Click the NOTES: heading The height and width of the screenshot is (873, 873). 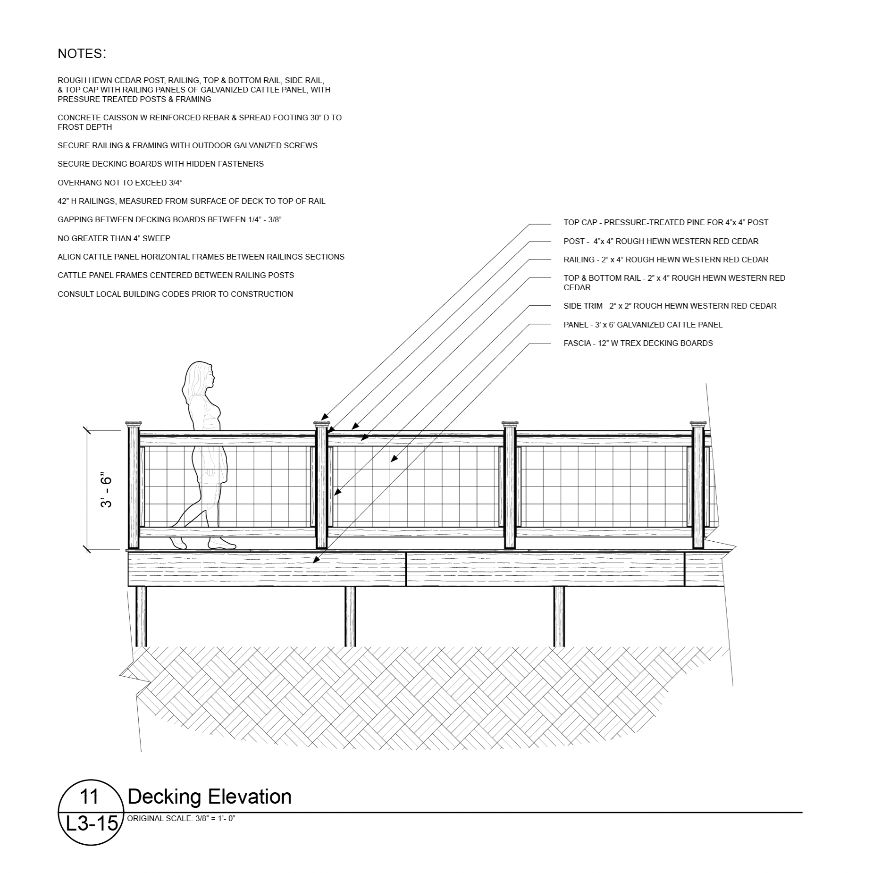coord(82,54)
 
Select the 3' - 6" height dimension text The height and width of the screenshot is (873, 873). coord(107,491)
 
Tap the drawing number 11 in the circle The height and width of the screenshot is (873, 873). coord(89,797)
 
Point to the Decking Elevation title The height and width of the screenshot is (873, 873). coord(210,797)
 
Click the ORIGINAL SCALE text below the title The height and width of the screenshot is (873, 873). coord(181,818)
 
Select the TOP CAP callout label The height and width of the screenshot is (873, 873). coord(665,222)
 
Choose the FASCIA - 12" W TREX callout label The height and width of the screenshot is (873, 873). coord(638,343)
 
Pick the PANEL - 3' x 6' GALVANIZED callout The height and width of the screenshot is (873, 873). coord(643,325)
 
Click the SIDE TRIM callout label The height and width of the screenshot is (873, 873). coord(670,306)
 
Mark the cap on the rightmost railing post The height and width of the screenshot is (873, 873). coord(698,424)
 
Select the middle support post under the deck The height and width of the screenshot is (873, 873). coord(350,616)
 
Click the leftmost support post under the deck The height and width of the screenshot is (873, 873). coord(141,616)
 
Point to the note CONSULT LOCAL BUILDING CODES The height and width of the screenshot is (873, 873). coord(175,294)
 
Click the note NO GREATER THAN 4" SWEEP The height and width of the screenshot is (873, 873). coord(114,238)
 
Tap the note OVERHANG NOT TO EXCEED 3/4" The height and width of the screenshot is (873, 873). coord(120,183)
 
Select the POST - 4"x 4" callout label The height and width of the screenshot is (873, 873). coord(661,241)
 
